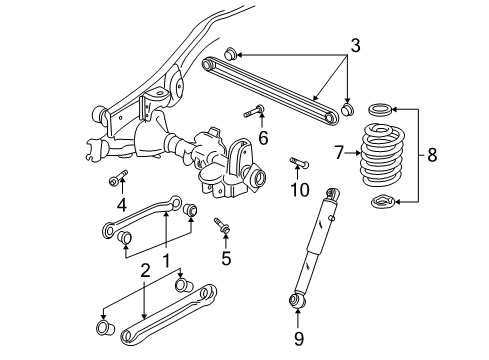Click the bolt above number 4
coord(117,180)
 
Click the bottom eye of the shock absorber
coord(297,300)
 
